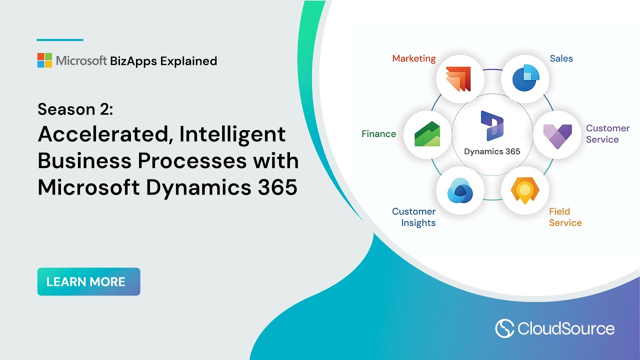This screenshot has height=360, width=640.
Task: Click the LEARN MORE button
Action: point(88,281)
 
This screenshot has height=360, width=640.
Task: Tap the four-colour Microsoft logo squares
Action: point(44,60)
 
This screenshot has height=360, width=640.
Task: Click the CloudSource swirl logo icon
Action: point(504,328)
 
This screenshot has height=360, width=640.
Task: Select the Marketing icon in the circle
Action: point(460,79)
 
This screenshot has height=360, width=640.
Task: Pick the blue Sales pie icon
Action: point(524,79)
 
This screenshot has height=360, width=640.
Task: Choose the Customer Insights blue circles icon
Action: point(460,190)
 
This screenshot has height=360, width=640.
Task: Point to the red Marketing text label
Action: point(413,58)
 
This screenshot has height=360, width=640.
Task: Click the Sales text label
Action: point(561,58)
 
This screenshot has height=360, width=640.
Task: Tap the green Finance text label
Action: point(378,134)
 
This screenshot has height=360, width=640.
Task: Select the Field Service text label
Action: point(565,217)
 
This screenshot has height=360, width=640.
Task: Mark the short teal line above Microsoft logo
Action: point(60,40)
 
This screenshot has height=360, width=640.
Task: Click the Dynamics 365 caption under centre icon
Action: point(492,151)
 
